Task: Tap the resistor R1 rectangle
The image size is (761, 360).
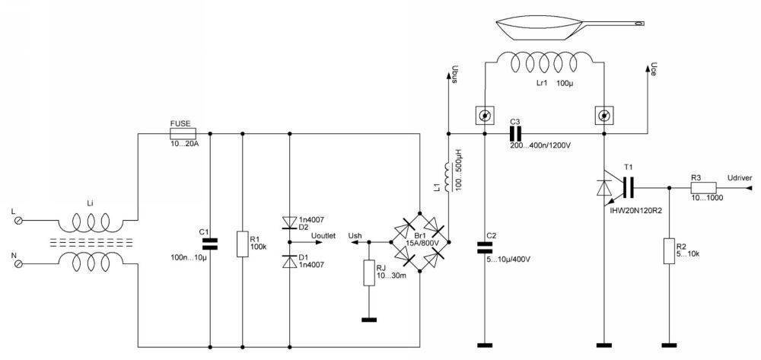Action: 241,244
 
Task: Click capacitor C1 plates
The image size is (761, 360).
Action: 209,244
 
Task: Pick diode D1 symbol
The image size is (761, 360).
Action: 289,262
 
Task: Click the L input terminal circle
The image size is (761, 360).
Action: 20,221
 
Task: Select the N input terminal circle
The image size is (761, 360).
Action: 20,263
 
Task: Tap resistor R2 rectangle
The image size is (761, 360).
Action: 669,250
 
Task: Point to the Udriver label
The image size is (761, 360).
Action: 739,177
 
